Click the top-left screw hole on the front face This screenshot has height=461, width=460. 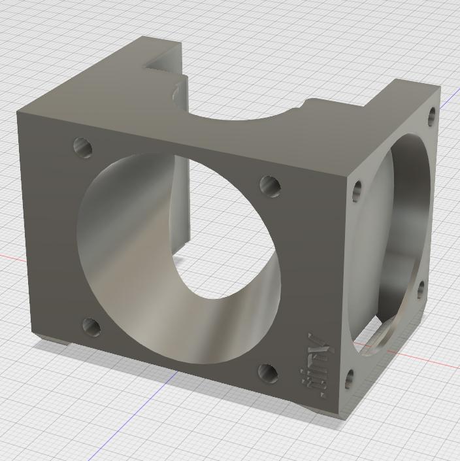[83, 146]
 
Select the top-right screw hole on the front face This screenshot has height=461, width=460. [271, 186]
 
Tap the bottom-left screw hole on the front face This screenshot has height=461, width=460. [91, 326]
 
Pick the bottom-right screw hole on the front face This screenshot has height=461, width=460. [268, 373]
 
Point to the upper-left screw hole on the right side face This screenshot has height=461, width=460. [357, 190]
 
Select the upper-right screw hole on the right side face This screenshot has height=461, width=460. [432, 116]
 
